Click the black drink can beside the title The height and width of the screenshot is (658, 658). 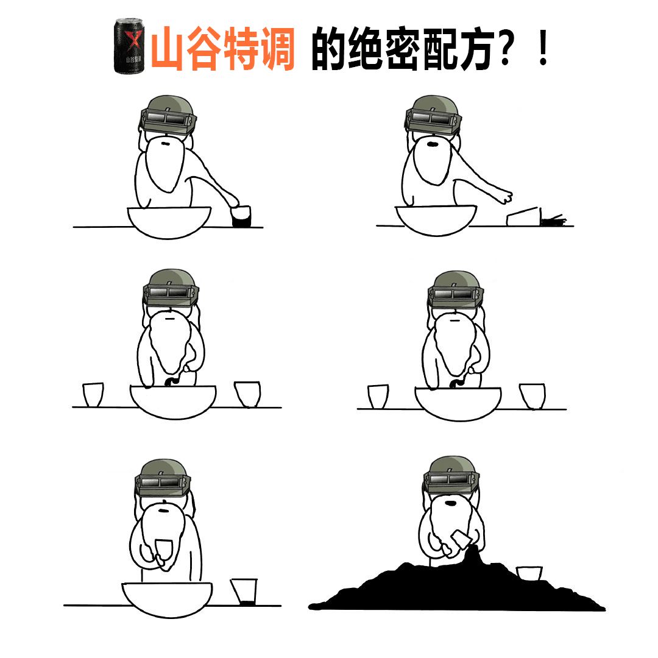coord(130,46)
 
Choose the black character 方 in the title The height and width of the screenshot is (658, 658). coord(472,49)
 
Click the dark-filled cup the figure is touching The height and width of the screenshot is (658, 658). coord(241,216)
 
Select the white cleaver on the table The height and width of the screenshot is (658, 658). coord(523,216)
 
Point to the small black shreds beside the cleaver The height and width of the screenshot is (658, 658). coord(553,220)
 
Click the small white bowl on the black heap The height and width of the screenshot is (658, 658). coord(528,573)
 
